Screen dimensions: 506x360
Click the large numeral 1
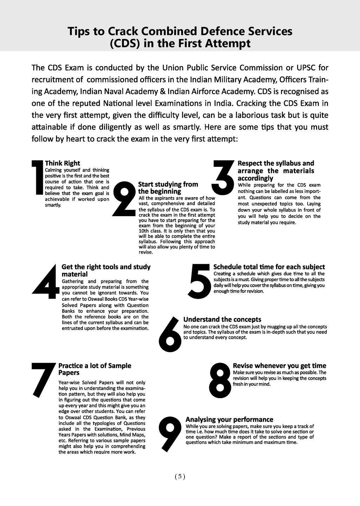[37, 177]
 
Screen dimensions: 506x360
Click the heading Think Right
[63, 163]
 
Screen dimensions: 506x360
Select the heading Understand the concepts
[222, 319]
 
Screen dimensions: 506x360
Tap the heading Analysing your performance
[229, 419]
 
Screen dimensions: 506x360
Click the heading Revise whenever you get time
[279, 366]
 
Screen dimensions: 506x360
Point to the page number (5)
[180, 476]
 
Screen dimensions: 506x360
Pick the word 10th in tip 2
[144, 231]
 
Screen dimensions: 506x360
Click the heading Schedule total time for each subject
[269, 267]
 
